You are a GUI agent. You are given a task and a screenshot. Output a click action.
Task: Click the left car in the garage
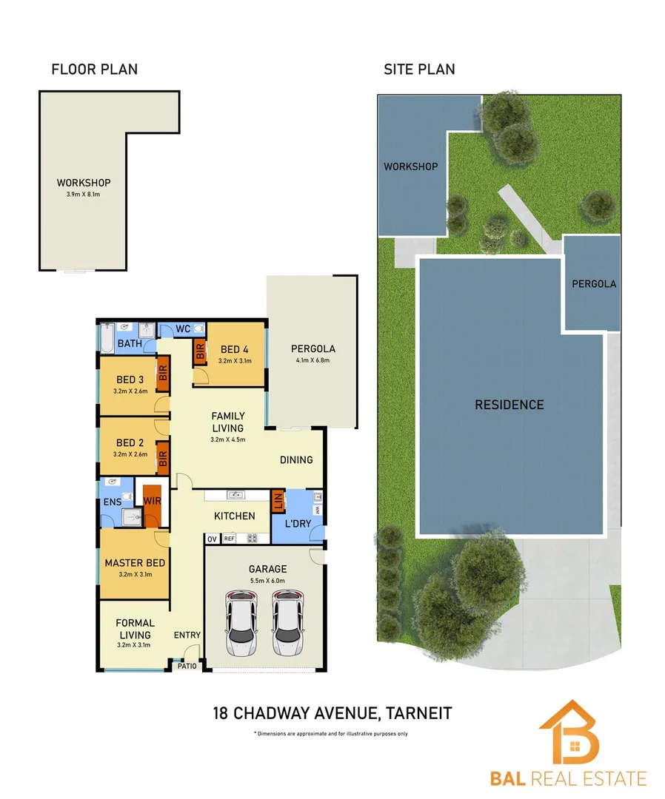point(241,623)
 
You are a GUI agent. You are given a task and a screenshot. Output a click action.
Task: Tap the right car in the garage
point(288,623)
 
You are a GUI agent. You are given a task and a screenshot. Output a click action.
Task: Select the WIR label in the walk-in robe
point(152,501)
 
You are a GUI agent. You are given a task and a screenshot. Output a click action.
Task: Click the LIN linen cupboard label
point(278,502)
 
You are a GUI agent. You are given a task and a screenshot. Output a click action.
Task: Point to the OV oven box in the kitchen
point(212,539)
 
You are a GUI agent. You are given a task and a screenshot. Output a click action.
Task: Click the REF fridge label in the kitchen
point(229,538)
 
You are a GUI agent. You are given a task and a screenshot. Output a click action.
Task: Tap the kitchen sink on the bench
point(235,495)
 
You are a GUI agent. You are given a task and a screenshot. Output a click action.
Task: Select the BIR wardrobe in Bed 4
point(199,351)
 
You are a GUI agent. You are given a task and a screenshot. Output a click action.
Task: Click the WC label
point(183,329)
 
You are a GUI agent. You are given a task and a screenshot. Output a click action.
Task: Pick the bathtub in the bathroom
point(107,338)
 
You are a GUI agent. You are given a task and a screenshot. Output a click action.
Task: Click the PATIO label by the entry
point(187,666)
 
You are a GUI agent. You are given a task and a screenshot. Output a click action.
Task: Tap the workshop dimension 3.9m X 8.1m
point(83,194)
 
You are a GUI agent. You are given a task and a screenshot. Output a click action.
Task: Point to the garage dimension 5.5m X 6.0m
point(268,581)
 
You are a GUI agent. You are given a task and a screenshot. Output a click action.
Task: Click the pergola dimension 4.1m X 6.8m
point(313,360)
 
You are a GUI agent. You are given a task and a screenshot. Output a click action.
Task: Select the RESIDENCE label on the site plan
point(509,405)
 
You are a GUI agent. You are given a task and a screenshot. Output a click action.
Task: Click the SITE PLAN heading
point(419,70)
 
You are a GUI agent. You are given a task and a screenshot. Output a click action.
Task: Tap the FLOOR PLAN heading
point(94,70)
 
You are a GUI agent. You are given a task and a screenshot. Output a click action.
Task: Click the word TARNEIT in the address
point(418,713)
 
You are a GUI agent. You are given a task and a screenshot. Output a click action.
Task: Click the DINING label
point(296,460)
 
